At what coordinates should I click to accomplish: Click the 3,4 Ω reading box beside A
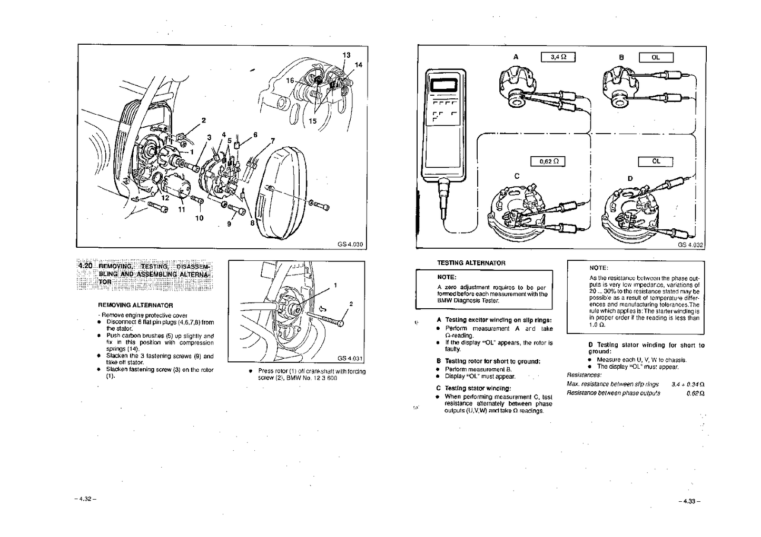(x=558, y=57)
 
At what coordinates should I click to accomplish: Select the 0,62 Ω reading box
(x=547, y=161)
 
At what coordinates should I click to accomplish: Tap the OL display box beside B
(x=656, y=57)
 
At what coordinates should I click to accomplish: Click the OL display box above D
(x=656, y=161)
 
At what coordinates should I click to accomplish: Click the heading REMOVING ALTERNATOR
(x=135, y=305)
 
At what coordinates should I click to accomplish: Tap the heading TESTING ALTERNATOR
(x=471, y=263)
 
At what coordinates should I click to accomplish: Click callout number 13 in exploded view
(x=346, y=55)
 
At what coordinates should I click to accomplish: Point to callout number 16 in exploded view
(x=290, y=80)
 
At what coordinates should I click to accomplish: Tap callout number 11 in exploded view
(x=181, y=209)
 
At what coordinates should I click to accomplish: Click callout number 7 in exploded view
(x=272, y=140)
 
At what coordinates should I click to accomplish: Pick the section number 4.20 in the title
(x=85, y=266)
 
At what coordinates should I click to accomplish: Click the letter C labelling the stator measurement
(x=517, y=176)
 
